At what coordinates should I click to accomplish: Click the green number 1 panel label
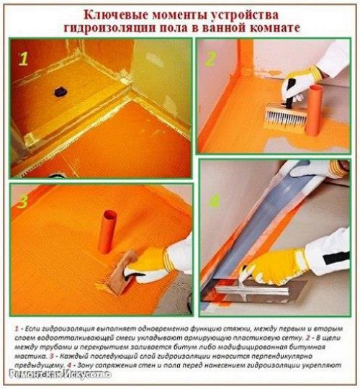click(x=23, y=59)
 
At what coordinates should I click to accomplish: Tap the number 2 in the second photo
click(x=210, y=58)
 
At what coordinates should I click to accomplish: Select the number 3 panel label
click(x=24, y=202)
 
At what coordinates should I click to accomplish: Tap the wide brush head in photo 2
click(x=279, y=120)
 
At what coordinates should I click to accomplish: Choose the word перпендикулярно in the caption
click(x=308, y=356)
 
